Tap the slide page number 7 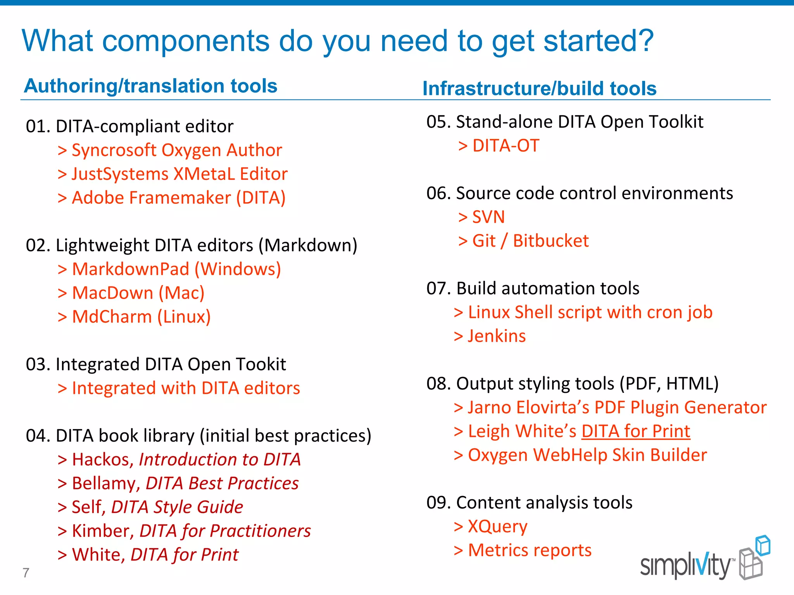pos(26,573)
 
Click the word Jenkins pos(497,336)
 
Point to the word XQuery pos(497,526)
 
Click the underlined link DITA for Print pos(635,431)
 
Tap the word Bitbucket pos(551,241)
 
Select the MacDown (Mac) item pos(138,293)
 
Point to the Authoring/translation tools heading pos(150,86)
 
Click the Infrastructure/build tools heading pos(539,88)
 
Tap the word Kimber pos(103,531)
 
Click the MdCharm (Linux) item pos(141,317)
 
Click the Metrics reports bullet pos(529,550)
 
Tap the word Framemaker pos(180,198)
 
